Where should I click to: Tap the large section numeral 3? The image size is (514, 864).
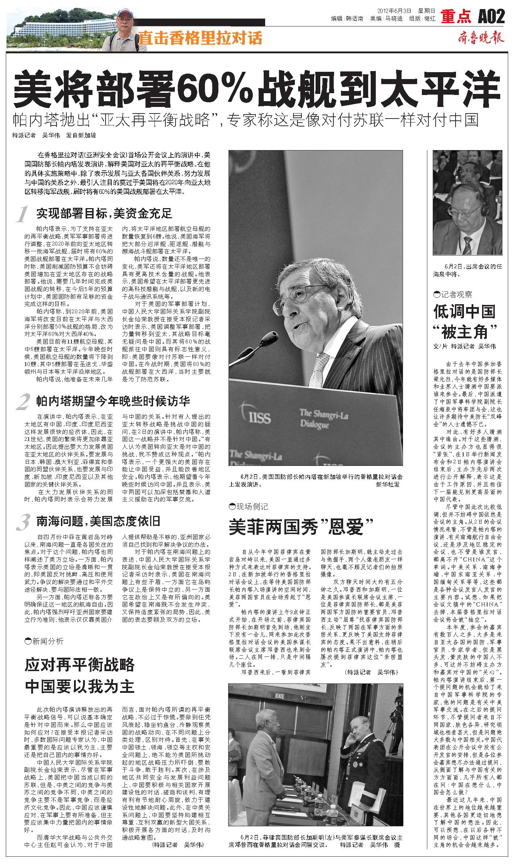coord(22,522)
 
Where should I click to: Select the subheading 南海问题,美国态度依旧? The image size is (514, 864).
coord(98,521)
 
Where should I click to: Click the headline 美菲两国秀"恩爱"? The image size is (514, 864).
coord(301,527)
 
